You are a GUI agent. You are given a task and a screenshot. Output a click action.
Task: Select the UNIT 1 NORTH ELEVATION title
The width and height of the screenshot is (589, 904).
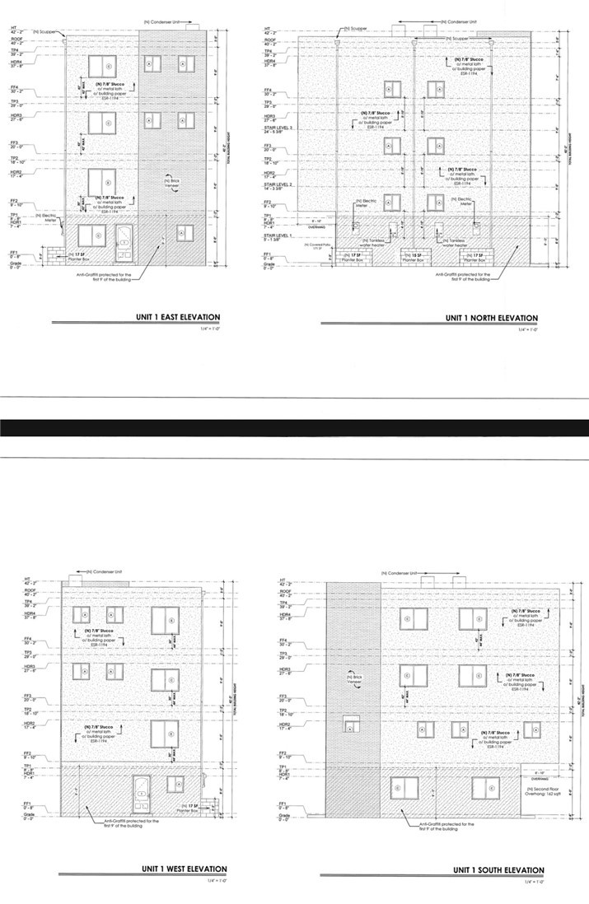(492, 317)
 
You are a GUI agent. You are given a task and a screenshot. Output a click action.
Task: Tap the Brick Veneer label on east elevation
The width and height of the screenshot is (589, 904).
(171, 182)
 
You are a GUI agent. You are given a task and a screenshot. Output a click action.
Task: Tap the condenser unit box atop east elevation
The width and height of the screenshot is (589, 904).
(194, 28)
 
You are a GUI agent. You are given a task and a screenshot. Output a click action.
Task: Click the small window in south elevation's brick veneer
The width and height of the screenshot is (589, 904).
(351, 725)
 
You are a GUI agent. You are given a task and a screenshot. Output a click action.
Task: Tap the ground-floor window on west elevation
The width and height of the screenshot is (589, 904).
(175, 783)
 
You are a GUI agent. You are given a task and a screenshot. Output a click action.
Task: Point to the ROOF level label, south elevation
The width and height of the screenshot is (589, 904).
(285, 591)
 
